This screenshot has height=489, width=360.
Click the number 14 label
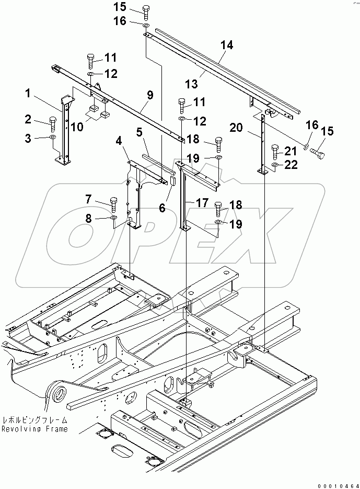click(x=226, y=46)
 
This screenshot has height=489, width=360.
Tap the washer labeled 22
click(x=275, y=167)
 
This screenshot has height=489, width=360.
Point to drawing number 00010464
click(x=335, y=484)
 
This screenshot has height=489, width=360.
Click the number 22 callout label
click(x=290, y=165)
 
